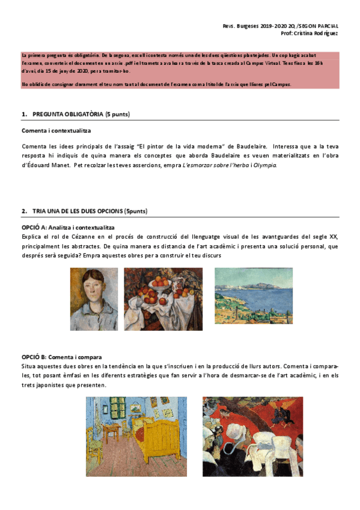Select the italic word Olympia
pyautogui.click(x=265, y=164)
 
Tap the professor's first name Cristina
pyautogui.click(x=304, y=34)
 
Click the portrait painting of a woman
pyautogui.click(x=94, y=299)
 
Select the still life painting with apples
pyautogui.click(x=163, y=299)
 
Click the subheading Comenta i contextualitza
pyautogui.click(x=56, y=131)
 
